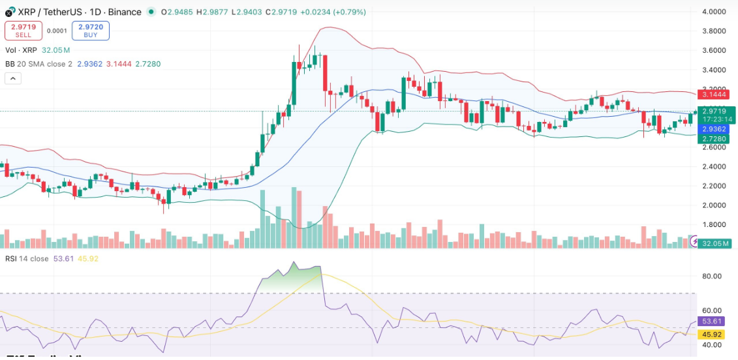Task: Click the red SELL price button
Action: coord(23,31)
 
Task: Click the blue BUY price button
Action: coord(91,31)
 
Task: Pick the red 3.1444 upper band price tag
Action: coord(715,95)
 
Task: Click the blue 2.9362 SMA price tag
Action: coord(715,129)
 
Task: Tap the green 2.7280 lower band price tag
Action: coord(715,139)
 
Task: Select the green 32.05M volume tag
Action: coord(716,243)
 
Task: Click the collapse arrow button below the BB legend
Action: coord(12,78)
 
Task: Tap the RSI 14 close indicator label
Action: coord(27,258)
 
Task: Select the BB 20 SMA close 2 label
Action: coord(38,64)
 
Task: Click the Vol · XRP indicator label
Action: coord(22,50)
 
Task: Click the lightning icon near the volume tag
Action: coord(694,242)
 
